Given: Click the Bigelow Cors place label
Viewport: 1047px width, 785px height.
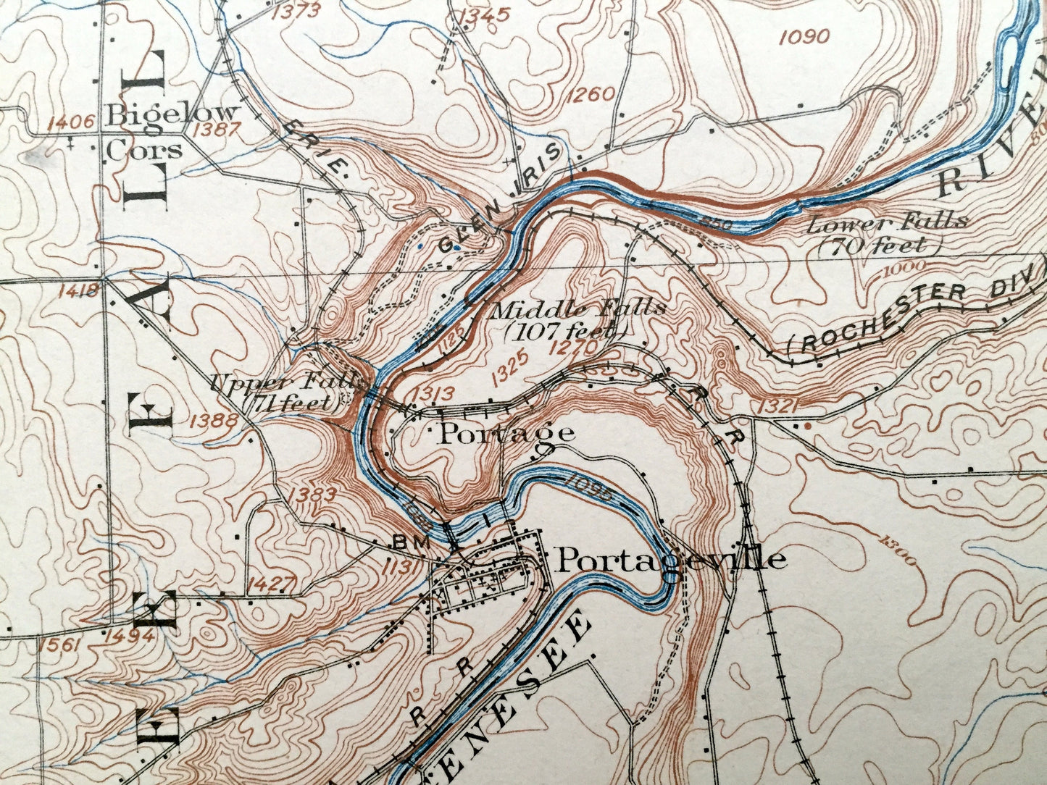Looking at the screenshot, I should [x=172, y=131].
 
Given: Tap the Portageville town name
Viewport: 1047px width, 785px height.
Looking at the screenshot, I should [x=670, y=559].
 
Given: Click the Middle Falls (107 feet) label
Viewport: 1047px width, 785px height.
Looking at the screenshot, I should [x=577, y=319].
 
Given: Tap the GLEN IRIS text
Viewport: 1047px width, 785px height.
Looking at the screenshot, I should [x=500, y=196].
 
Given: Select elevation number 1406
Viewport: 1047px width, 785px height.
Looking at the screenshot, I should [x=71, y=121].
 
